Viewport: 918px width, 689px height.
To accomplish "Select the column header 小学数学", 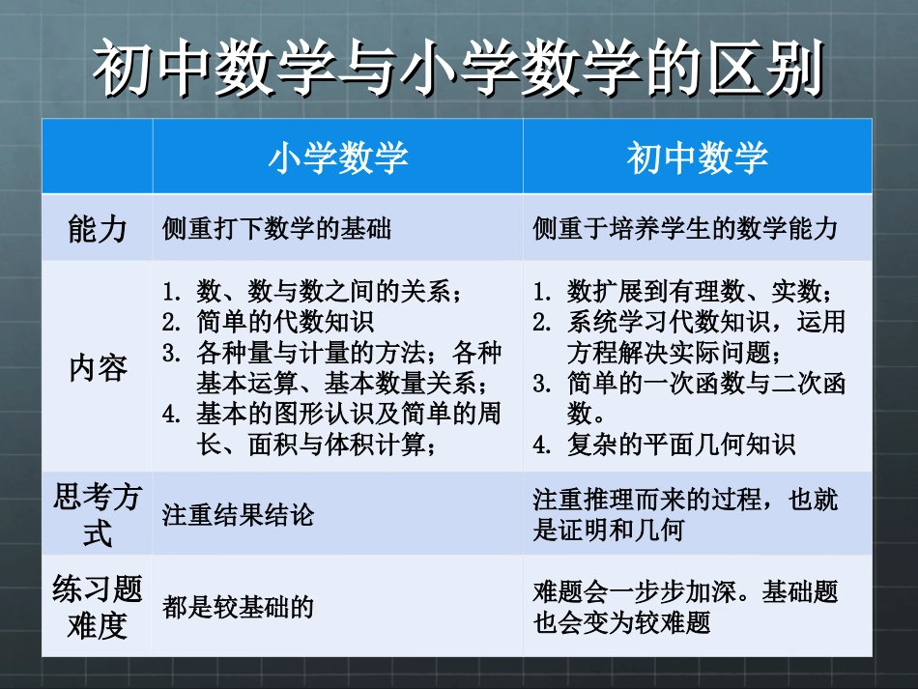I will tap(337, 157).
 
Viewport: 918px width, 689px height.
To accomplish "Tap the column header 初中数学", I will tap(697, 157).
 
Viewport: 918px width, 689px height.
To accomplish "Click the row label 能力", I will tap(97, 228).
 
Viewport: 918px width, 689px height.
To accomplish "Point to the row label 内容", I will tap(97, 369).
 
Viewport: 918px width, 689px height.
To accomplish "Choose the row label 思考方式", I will tap(97, 514).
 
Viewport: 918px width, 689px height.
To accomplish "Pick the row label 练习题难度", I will tap(97, 607).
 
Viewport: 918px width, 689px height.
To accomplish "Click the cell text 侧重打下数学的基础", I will tap(276, 229).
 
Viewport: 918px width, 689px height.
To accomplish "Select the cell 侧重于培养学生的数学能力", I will tap(685, 229).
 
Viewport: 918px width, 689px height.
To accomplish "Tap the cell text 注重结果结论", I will tap(238, 515).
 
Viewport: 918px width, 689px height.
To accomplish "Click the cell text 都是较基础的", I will tap(238, 608).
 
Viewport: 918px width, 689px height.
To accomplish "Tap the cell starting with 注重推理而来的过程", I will tap(685, 514).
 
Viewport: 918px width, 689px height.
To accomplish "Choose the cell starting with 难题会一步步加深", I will tap(685, 607).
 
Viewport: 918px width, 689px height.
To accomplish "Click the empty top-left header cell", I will tap(97, 157).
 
